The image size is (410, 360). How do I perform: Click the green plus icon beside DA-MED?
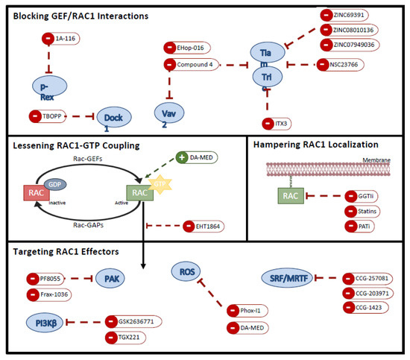(182, 159)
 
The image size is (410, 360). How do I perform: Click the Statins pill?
(361, 211)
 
